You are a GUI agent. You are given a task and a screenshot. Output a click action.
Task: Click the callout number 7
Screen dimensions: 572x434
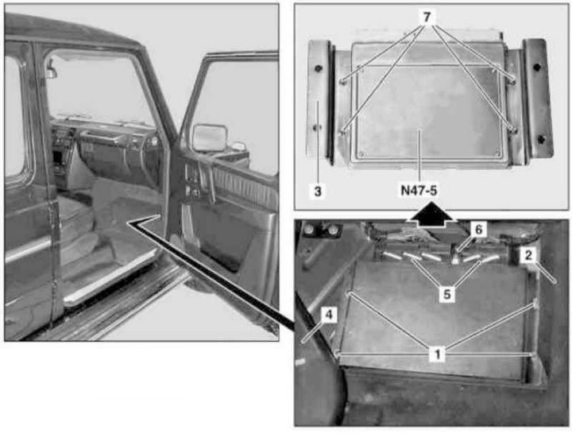click(x=427, y=17)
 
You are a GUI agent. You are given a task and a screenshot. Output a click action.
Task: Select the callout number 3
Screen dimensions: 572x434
click(x=318, y=191)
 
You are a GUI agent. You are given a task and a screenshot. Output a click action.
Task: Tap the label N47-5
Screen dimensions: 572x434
click(x=419, y=190)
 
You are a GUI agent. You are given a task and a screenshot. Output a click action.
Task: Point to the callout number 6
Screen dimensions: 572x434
click(x=478, y=230)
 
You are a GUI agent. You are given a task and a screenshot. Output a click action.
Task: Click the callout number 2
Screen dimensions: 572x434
click(x=528, y=255)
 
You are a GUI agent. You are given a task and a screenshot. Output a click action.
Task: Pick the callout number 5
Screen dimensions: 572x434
click(x=447, y=294)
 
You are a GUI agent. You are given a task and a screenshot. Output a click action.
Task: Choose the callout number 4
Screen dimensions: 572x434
click(x=329, y=315)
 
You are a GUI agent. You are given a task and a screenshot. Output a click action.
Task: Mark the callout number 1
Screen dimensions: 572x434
click(x=438, y=354)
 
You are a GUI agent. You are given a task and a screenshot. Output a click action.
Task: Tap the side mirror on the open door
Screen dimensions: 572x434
click(x=210, y=138)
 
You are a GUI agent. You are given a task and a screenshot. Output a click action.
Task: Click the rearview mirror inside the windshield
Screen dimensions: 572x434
click(x=51, y=70)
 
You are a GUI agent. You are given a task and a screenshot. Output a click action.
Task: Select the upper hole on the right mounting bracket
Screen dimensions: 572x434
click(x=536, y=67)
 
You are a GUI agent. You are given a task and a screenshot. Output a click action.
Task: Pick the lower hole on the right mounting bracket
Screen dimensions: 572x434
click(x=541, y=138)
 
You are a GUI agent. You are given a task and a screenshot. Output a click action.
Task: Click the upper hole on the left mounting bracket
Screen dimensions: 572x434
click(x=319, y=68)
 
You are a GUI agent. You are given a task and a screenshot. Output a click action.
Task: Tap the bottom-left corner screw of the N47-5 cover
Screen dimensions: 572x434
click(x=362, y=153)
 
